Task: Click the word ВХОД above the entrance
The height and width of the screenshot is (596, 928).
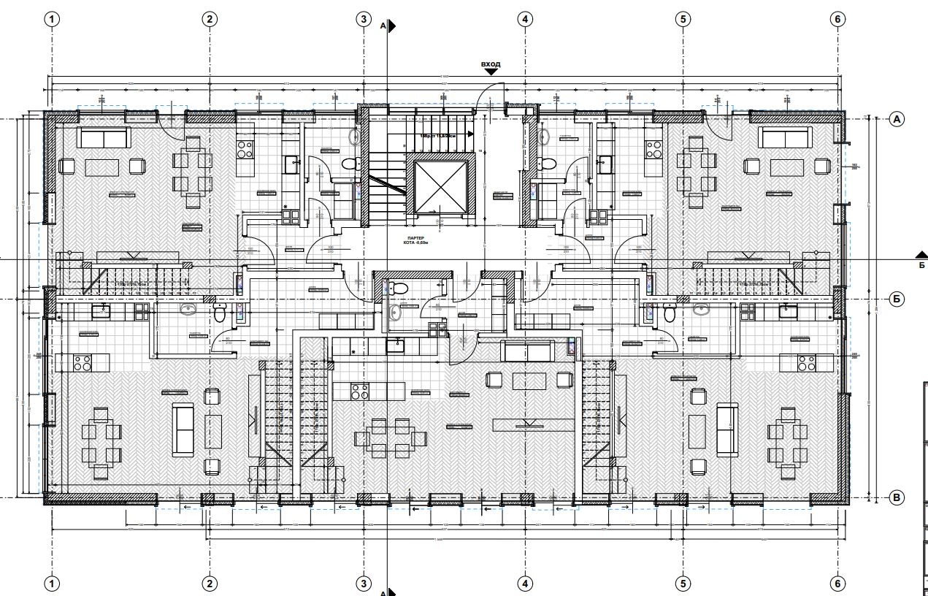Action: pos(491,64)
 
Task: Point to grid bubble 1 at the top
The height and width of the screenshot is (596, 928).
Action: pos(52,19)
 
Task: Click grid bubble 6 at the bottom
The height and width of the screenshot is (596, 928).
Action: pos(837,584)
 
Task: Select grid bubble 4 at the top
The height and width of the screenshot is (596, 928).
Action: pos(525,19)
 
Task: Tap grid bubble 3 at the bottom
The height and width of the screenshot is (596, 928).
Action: pos(364,584)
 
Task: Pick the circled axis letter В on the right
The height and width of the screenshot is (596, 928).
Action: pos(897,498)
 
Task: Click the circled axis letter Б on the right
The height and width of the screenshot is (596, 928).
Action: pos(897,299)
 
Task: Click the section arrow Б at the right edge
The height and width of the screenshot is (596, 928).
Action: pos(920,255)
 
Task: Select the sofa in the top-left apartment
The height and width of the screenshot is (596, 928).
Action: pos(104,138)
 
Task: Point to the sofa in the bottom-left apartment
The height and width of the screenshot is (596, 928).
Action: pos(183,428)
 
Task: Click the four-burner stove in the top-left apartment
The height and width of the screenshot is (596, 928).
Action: pos(245,150)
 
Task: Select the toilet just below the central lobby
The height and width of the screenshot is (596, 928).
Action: pos(399,286)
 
